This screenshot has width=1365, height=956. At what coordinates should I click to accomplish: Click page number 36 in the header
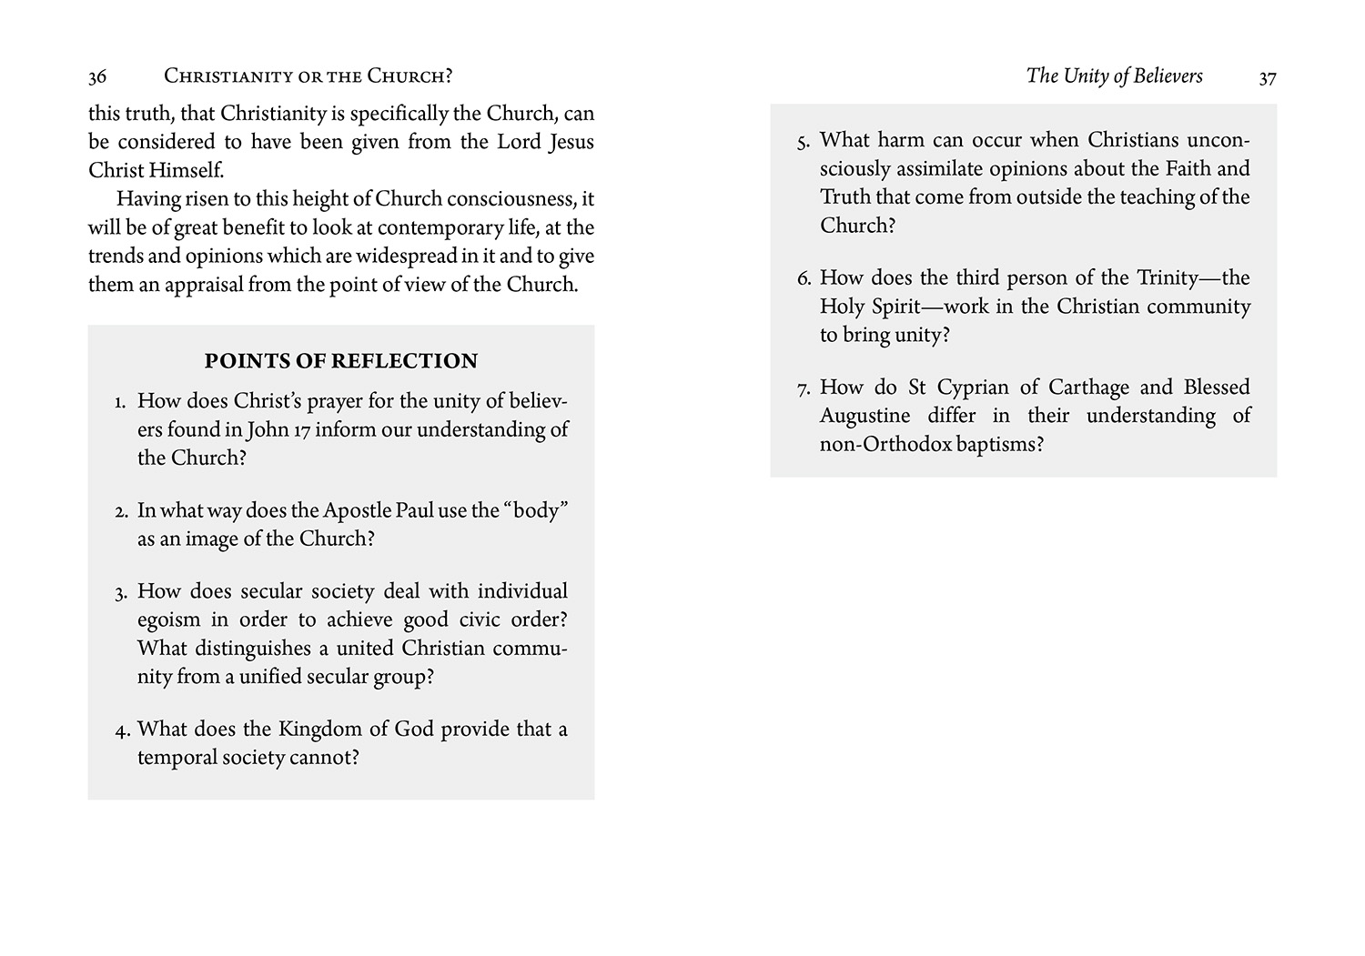[97, 77]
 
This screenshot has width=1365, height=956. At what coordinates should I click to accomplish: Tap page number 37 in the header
[1268, 78]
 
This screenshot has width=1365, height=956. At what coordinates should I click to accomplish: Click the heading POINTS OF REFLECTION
[340, 361]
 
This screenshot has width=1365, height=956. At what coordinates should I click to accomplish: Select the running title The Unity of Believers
[1114, 75]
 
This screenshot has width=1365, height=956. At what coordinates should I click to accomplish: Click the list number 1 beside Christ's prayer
[119, 402]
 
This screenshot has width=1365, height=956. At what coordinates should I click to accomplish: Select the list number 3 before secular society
[120, 593]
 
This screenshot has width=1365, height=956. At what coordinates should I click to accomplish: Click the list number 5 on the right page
[802, 142]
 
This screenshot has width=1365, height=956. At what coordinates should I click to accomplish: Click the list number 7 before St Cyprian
[802, 389]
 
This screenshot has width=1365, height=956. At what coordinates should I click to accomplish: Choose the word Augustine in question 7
[864, 417]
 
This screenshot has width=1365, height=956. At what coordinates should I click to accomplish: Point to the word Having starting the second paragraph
[148, 199]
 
